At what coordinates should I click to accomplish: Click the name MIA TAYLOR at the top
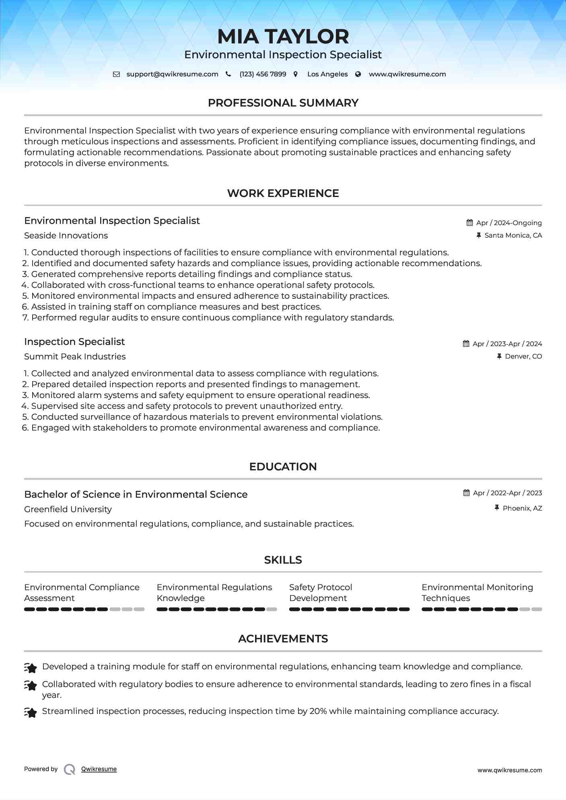tap(283, 37)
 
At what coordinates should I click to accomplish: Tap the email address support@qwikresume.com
tap(172, 74)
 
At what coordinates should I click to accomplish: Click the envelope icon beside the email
tap(116, 74)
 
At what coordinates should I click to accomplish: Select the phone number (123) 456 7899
tap(263, 74)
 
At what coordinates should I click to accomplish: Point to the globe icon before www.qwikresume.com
tap(358, 74)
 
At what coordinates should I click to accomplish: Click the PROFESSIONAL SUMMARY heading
tap(283, 103)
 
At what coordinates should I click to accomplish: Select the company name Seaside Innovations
tap(66, 236)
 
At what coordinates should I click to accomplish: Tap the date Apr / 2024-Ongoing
tap(509, 223)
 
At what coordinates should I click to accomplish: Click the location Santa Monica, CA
tap(513, 236)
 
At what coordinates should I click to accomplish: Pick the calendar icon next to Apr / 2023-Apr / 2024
tap(466, 344)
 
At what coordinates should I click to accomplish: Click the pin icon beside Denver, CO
tap(499, 357)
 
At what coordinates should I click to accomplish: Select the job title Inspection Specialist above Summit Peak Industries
tap(74, 342)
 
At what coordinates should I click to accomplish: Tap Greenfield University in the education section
tap(68, 509)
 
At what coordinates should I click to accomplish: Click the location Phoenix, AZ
tap(522, 509)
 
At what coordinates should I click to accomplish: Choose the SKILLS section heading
tap(283, 560)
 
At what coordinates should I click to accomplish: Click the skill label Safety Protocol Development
tap(320, 593)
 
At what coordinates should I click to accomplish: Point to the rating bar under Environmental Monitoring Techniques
tap(482, 609)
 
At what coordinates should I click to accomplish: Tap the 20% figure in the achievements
tap(318, 711)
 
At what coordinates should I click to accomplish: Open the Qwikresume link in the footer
tap(99, 769)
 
